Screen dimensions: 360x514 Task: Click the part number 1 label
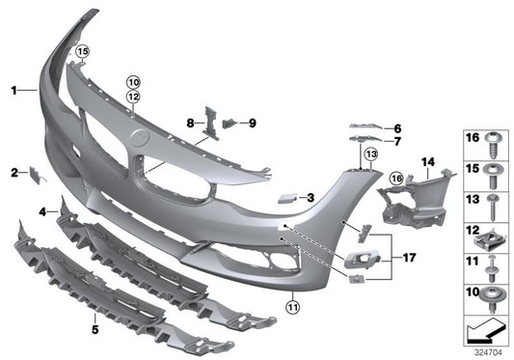tap(14, 90)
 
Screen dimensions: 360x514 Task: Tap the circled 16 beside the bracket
tap(395, 178)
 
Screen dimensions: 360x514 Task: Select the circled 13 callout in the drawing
tap(369, 153)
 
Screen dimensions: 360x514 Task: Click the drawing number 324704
tap(489, 353)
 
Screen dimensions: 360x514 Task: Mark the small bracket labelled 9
tap(230, 123)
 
